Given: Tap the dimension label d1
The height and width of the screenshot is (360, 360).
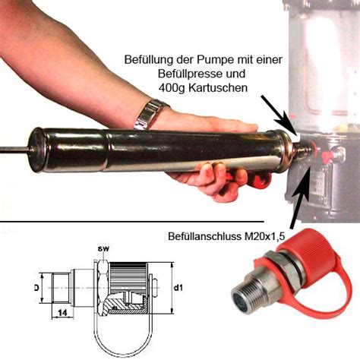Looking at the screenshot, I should [x=178, y=289].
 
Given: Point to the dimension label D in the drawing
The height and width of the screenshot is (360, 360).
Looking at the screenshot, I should [x=36, y=289].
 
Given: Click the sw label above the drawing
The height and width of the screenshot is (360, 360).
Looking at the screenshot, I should [x=103, y=248].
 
